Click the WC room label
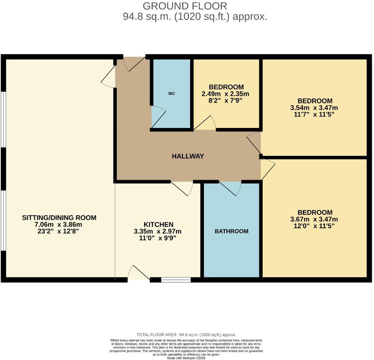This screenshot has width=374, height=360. [172, 93]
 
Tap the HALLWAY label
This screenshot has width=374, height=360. [188, 156]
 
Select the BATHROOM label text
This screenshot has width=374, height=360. [231, 231]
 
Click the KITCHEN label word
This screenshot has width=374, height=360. [159, 224]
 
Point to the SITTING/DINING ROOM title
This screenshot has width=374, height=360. [59, 218]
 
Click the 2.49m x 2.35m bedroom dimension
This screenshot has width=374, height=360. [225, 94]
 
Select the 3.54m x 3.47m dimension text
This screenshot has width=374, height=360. [314, 108]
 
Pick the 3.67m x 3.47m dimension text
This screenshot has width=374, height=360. [314, 219]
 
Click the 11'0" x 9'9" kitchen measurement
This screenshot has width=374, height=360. [158, 238]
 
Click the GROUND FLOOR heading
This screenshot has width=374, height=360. [185, 6]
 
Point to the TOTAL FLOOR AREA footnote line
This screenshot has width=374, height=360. [186, 335]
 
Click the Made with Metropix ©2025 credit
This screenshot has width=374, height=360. [186, 358]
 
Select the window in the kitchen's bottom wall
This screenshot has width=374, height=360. [176, 280]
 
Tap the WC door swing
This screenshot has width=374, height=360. [159, 117]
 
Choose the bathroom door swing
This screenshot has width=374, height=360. [230, 188]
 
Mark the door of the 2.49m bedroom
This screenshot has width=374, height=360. [205, 123]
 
